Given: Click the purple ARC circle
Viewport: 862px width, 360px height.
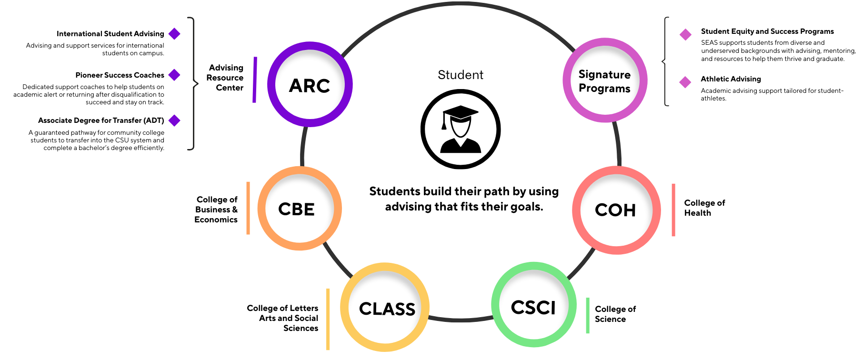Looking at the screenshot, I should click(x=310, y=85).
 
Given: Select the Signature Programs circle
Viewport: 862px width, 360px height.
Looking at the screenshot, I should click(x=604, y=81).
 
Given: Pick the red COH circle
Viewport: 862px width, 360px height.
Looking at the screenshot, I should click(x=616, y=210).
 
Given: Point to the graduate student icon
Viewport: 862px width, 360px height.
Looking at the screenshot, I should click(x=460, y=129).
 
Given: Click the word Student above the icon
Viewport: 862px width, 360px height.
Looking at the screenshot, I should click(x=460, y=75).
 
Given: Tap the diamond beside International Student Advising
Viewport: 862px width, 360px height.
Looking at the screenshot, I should click(x=175, y=34).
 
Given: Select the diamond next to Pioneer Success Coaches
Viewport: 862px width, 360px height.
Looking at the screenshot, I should click(x=175, y=75).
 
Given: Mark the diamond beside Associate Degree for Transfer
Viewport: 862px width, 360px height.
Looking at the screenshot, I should click(x=175, y=120).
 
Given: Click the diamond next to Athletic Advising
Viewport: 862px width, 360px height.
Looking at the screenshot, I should click(x=685, y=82).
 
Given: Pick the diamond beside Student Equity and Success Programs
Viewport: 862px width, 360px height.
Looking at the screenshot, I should click(x=685, y=34).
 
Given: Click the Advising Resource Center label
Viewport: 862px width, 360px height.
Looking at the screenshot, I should click(x=225, y=78).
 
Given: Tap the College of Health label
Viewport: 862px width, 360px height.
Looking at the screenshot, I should click(x=704, y=208).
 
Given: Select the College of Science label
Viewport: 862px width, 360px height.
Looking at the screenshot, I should click(x=615, y=314).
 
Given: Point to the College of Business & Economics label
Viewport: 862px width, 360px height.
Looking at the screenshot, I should click(x=216, y=210).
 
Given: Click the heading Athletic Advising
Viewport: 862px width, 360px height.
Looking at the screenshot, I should click(x=731, y=79).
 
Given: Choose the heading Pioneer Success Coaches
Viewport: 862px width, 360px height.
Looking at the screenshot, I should click(x=120, y=75).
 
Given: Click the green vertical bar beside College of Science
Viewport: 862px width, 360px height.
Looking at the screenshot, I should click(x=588, y=315).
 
